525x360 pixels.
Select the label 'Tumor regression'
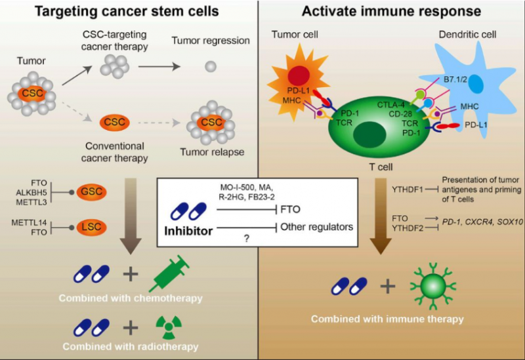(x=211, y=41)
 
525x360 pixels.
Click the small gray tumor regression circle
(x=211, y=66)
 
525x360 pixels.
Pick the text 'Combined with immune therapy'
(x=387, y=319)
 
